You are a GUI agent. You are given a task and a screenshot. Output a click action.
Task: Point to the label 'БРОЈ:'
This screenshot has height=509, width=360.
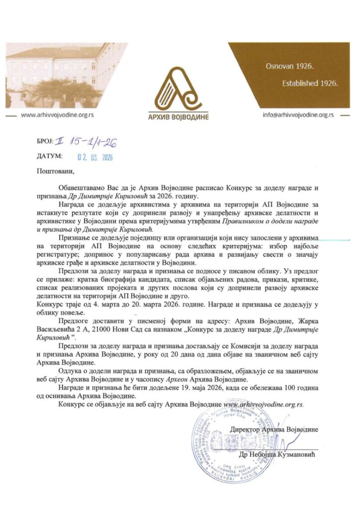coord(46,143)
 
